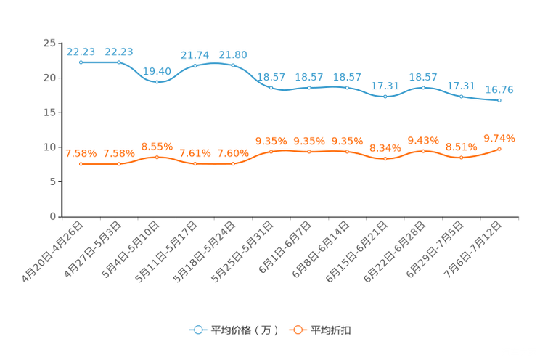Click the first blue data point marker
point(81,62)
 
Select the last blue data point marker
point(499,101)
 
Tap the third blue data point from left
point(157,81)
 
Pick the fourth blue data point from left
point(195,66)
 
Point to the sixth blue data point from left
point(271,87)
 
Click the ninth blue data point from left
point(385,97)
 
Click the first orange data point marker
point(81,164)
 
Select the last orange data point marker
point(499,149)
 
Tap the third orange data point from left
point(157,157)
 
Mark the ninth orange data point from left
point(385,158)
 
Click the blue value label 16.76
point(499,90)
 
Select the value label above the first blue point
point(80,51)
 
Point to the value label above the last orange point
point(499,137)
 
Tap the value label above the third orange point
point(157,147)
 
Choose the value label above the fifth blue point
point(233,54)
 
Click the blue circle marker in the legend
point(198,330)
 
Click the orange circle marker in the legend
point(297,330)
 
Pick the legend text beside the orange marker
point(331,330)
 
